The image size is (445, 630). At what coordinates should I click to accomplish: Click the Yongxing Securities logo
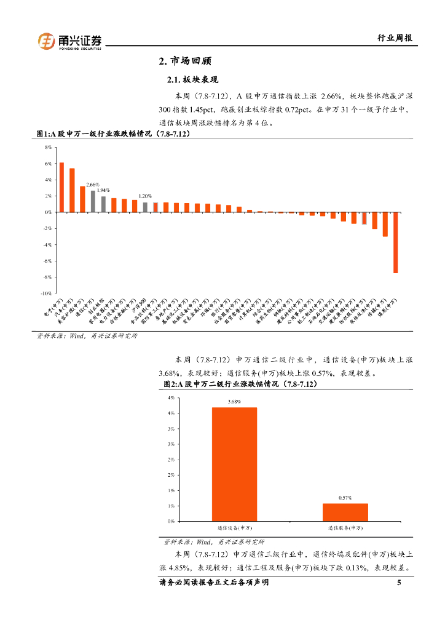click(x=69, y=41)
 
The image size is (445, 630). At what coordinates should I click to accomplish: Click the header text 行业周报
click(x=394, y=38)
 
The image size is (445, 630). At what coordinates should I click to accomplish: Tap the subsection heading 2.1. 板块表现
click(x=193, y=80)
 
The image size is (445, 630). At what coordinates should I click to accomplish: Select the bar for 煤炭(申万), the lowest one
click(x=396, y=242)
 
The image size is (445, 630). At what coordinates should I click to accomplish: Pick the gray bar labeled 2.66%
click(x=93, y=201)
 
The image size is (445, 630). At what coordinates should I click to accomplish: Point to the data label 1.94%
click(x=103, y=190)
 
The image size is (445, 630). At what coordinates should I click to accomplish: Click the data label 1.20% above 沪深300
click(x=145, y=196)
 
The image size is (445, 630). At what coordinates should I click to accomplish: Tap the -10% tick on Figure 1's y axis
click(x=46, y=293)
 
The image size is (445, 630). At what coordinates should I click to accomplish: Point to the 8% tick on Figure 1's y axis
click(x=48, y=148)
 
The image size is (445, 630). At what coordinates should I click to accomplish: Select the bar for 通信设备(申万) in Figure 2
click(x=234, y=464)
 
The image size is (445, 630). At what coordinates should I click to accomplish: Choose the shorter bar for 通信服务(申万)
click(x=345, y=512)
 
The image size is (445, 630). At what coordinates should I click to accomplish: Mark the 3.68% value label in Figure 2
click(x=234, y=402)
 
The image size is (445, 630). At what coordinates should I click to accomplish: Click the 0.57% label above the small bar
click(x=345, y=497)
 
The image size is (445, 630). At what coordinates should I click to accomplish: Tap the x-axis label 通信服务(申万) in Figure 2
click(x=345, y=528)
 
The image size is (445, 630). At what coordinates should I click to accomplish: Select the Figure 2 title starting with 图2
click(x=240, y=383)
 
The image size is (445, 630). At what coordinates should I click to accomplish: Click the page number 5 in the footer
click(x=399, y=583)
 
